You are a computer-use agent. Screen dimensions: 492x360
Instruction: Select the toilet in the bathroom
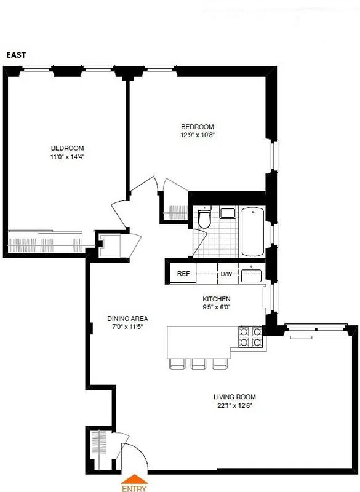click(205, 219)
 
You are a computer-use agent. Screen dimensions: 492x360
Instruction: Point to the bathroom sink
click(227, 213)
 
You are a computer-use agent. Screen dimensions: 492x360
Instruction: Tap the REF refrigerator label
click(183, 273)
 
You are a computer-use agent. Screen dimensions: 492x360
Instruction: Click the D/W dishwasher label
click(226, 273)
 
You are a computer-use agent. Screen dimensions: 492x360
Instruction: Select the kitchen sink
click(252, 274)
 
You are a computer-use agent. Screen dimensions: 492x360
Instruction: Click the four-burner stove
click(250, 337)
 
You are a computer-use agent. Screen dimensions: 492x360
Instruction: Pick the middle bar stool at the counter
click(198, 363)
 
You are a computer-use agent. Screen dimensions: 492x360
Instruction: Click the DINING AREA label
click(127, 318)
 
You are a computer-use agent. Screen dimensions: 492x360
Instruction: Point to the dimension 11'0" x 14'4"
click(67, 157)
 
